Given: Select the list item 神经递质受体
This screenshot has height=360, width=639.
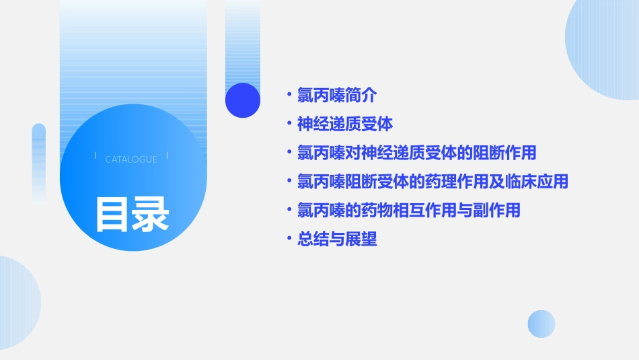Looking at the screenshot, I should (x=345, y=124).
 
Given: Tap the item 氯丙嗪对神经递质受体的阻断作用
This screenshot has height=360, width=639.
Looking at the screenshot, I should (x=416, y=153).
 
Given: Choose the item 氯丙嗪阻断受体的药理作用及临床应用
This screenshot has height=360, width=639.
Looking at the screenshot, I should (x=433, y=182).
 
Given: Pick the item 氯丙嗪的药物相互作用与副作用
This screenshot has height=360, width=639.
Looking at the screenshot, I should (x=408, y=210).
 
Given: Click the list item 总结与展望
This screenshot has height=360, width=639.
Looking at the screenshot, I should (x=337, y=239).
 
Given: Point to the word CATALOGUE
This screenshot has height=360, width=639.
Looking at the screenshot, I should (x=131, y=159).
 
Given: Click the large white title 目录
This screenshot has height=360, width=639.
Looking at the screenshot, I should (x=132, y=214).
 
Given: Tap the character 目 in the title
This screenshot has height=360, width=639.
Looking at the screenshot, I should (x=112, y=214).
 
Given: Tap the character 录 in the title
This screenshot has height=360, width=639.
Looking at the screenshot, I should (x=151, y=214).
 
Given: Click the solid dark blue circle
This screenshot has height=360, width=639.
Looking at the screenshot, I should (x=243, y=100).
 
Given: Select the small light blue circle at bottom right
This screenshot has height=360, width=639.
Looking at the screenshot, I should (x=541, y=324).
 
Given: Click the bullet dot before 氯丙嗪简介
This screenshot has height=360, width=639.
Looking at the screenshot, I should (x=289, y=96).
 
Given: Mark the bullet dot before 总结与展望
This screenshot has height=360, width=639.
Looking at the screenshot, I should (x=289, y=239).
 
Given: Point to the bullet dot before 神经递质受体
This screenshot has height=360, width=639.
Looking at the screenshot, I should (x=289, y=124).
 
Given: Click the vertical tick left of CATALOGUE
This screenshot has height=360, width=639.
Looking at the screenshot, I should (x=96, y=155).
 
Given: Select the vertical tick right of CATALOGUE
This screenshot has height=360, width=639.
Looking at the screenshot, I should (x=167, y=155).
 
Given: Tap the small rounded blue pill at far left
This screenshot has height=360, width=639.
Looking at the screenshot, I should (x=39, y=161).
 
